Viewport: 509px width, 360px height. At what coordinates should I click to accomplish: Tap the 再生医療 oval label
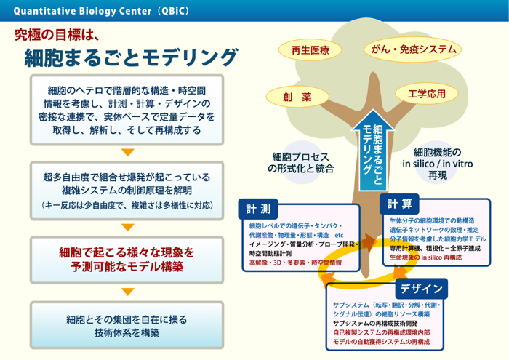pyautogui.click(x=310, y=51)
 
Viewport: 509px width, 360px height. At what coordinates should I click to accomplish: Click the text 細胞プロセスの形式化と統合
pyautogui.click(x=300, y=162)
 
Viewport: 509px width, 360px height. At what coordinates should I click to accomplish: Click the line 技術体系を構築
pyautogui.click(x=127, y=332)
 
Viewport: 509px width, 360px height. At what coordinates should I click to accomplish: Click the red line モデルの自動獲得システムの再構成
pyautogui.click(x=381, y=342)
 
